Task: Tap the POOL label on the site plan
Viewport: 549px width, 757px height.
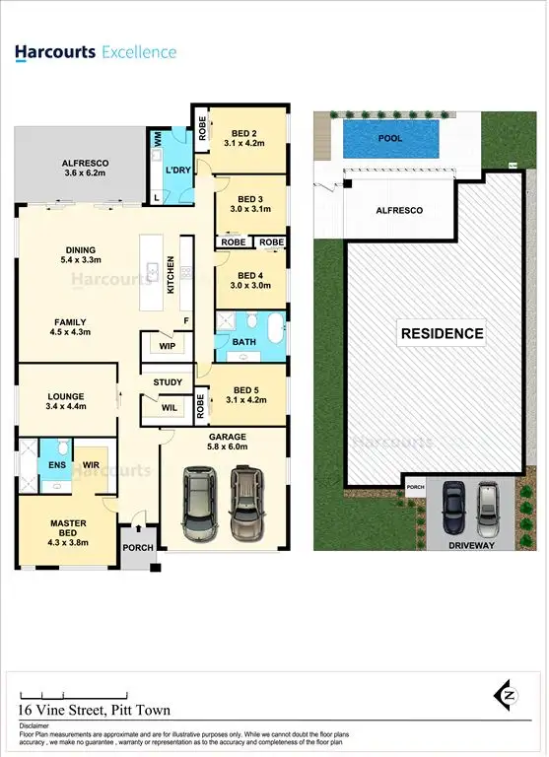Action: coord(390,139)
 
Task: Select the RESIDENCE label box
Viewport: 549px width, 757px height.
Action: coord(442,333)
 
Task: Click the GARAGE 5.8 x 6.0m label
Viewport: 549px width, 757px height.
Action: coord(226,441)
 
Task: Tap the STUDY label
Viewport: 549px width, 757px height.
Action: coord(168,381)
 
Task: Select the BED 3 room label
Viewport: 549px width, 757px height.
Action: coord(251,202)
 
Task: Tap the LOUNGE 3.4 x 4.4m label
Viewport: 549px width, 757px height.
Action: coord(66,399)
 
